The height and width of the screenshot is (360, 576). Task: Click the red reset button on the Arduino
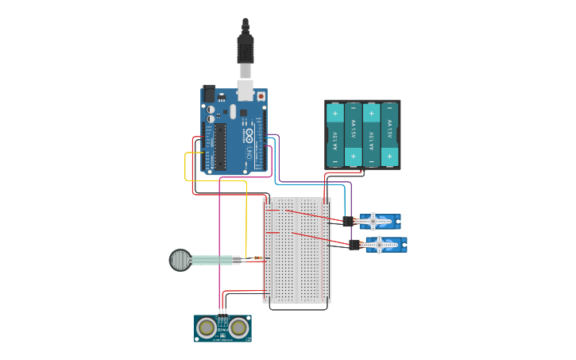tap(261, 96)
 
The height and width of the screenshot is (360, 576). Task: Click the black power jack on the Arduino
tap(210, 94)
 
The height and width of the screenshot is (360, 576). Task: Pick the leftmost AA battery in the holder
tap(334, 134)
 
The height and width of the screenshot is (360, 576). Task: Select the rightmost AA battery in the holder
tap(389, 134)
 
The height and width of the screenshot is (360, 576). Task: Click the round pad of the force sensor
tap(180, 260)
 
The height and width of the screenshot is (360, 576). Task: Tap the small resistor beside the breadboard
tap(258, 258)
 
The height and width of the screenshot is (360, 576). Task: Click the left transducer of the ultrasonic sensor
tap(207, 327)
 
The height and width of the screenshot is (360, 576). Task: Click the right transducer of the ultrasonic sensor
tap(238, 327)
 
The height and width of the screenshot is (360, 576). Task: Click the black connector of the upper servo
tap(348, 222)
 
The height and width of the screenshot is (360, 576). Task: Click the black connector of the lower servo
tap(354, 245)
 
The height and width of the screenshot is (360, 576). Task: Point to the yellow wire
tap(245, 223)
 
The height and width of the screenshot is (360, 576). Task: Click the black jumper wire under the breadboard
tap(298, 308)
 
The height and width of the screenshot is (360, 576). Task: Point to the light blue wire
tap(310, 184)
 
